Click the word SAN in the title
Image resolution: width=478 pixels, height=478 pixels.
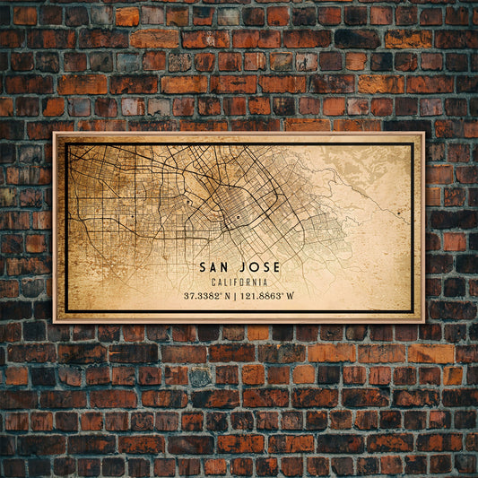tap(215, 266)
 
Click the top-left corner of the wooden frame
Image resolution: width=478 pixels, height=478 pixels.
tap(54, 133)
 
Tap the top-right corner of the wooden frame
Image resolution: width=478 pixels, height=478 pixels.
tap(424, 133)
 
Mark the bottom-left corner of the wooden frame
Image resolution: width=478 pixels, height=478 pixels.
tap(54, 322)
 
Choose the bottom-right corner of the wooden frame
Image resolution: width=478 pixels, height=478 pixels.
tap(424, 322)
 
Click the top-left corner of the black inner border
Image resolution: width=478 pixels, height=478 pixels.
tap(65, 143)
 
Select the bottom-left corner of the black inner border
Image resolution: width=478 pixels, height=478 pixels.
tap(65, 311)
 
